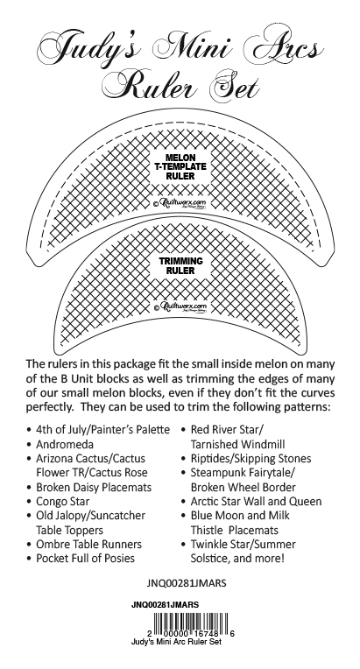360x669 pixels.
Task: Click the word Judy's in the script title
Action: tap(88, 50)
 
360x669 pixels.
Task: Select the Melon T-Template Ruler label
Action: tap(180, 167)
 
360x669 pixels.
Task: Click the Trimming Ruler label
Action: tap(180, 266)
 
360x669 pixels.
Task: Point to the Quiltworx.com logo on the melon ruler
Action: tap(180, 203)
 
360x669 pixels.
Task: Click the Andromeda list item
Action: tap(65, 444)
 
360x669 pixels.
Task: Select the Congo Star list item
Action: tap(63, 502)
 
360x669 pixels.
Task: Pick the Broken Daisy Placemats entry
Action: tap(94, 487)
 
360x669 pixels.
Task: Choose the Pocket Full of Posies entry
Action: tap(85, 559)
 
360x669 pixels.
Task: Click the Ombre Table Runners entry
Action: tap(88, 544)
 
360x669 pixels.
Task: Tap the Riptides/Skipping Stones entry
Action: tap(251, 459)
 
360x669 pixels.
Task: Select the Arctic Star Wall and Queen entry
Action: tap(256, 502)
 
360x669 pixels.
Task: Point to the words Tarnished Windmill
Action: tap(237, 444)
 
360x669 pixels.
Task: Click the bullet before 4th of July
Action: tap(29, 430)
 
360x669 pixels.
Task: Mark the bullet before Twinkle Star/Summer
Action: tap(183, 545)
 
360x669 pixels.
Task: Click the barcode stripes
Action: tap(191, 622)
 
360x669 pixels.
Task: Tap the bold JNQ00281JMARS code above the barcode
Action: tap(165, 605)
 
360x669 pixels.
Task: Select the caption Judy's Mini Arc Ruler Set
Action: tap(177, 642)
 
